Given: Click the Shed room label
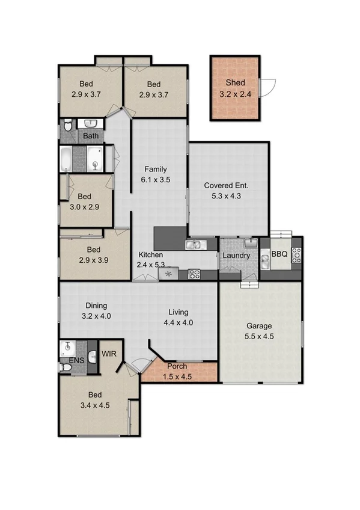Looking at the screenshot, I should (236, 82).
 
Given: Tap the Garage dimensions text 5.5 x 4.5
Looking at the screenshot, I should (260, 337).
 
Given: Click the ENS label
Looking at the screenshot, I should (76, 361).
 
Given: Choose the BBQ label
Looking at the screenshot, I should (279, 254).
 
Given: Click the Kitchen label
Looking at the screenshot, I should (151, 254).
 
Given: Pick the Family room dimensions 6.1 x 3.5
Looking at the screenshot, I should (154, 179).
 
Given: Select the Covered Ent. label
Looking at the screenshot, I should (226, 185).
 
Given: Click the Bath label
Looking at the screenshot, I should (91, 136).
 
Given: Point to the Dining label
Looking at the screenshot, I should (96, 306).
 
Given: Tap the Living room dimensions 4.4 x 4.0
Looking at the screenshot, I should (178, 322).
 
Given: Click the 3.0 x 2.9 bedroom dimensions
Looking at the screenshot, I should (84, 206).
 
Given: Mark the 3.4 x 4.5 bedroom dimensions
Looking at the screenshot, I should (95, 405).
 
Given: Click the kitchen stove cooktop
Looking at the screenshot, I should (194, 274).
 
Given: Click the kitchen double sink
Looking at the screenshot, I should (197, 245).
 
